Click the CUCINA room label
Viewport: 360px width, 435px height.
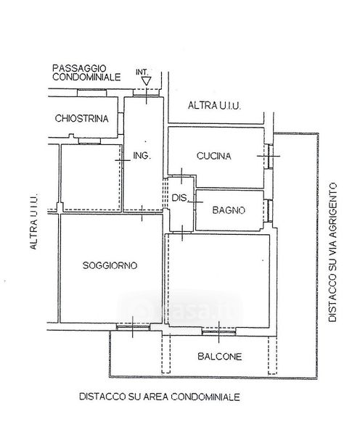point(213,156)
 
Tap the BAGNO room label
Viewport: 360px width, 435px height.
point(229,210)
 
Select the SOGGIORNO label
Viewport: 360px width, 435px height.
point(110,265)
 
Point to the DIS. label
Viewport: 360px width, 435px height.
point(180,198)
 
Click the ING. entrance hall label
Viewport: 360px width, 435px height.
point(142,156)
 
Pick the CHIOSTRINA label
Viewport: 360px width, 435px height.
point(81,118)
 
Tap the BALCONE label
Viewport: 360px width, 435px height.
point(219,356)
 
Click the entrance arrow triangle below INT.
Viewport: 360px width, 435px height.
point(146,81)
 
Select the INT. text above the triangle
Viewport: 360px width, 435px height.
point(142,72)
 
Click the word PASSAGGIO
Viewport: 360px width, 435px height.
point(79,68)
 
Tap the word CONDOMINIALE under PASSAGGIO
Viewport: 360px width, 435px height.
point(86,77)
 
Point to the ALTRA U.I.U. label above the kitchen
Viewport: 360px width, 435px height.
point(214,106)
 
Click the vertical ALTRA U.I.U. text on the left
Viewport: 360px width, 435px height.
point(33,222)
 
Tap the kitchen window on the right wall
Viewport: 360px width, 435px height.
point(269,156)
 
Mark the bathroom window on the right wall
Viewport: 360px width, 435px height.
point(269,210)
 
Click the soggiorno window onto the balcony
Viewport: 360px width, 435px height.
point(133,327)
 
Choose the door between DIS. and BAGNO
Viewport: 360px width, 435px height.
point(195,202)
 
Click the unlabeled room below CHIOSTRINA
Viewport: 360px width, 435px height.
point(91,177)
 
